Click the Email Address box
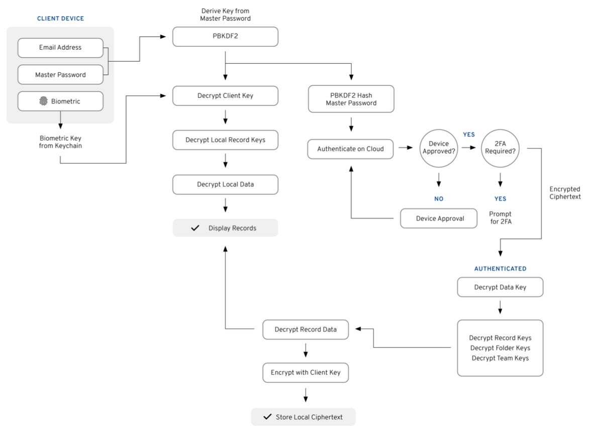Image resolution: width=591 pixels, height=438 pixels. [x=60, y=48]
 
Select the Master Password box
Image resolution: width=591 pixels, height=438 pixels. [x=60, y=75]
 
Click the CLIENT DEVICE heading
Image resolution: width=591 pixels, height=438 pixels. [x=60, y=19]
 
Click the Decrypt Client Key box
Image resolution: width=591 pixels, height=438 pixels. [x=225, y=96]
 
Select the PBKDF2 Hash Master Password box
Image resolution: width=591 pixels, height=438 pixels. [x=351, y=99]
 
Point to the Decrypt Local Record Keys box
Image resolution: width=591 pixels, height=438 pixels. [x=225, y=140]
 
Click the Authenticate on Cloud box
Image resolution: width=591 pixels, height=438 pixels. [x=350, y=149]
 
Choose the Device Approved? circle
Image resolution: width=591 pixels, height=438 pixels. [x=439, y=149]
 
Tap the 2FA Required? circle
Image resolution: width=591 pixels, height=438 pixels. [x=500, y=149]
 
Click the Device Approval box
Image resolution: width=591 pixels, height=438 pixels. [x=439, y=218]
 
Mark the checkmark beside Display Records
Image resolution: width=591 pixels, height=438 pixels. [x=195, y=228]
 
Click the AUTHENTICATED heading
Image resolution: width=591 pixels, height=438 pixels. [x=500, y=269]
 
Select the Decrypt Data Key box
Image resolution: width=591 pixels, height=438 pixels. [x=500, y=287]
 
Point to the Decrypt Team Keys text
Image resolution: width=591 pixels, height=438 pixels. [x=500, y=358]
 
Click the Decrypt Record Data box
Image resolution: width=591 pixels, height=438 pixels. [x=306, y=330]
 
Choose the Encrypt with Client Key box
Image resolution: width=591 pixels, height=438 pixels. [x=306, y=373]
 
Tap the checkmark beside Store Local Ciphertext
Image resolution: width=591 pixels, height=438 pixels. [x=267, y=417]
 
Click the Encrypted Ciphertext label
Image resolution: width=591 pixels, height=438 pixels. [x=565, y=193]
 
